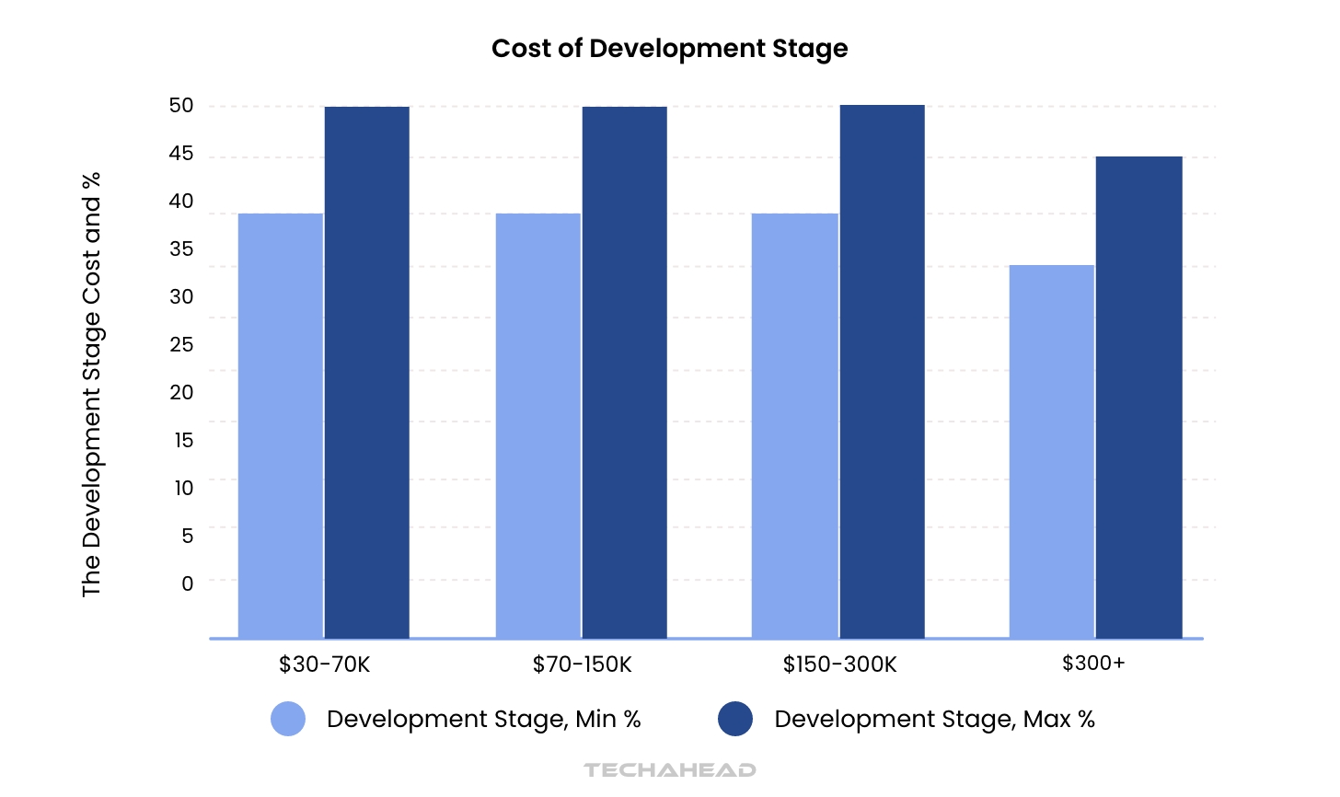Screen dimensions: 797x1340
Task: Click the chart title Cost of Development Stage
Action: [669, 49]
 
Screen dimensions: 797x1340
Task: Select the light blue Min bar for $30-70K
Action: [281, 425]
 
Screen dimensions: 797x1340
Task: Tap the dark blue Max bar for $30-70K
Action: [366, 372]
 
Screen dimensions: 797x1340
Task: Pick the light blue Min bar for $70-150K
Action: [538, 425]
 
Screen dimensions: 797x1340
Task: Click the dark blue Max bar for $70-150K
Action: [624, 372]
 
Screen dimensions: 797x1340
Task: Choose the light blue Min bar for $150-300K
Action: [795, 425]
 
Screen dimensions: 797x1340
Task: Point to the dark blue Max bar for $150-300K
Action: [882, 371]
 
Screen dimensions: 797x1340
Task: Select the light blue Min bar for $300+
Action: [1052, 451]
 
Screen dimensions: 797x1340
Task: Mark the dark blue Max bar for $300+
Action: [1138, 397]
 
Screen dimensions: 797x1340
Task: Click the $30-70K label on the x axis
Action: [324, 664]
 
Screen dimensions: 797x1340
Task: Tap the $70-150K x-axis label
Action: [582, 664]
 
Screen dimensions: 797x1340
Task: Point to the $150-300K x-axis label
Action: [839, 664]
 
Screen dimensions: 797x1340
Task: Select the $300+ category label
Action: [1093, 664]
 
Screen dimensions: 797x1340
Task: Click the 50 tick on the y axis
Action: [181, 106]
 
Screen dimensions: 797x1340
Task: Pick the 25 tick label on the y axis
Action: [181, 345]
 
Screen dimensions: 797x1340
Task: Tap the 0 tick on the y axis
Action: [188, 583]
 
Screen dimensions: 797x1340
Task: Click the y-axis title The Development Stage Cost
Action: [91, 384]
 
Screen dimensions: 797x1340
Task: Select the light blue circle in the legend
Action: [288, 719]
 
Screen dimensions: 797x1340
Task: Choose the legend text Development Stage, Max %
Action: [934, 719]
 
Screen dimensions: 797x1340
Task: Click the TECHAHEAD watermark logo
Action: [669, 769]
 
